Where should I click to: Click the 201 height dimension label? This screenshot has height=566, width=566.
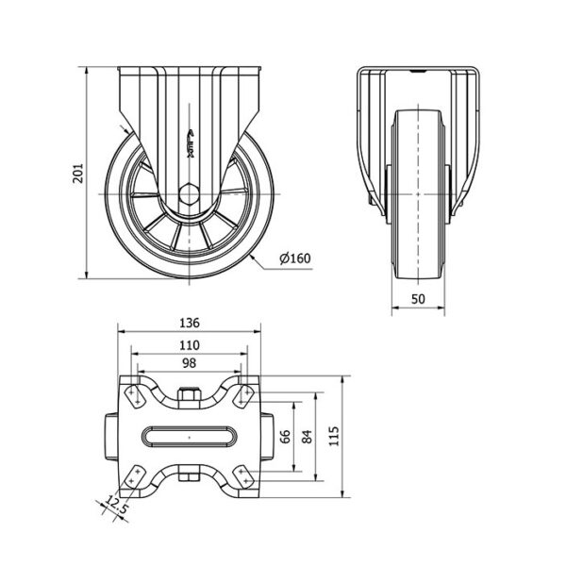coord(78,173)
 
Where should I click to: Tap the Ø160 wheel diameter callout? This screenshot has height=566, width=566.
coord(295,258)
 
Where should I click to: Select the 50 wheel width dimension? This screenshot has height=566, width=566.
coord(418,298)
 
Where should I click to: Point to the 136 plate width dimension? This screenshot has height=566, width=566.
coord(190,323)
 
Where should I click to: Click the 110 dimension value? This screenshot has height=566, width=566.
coord(190,345)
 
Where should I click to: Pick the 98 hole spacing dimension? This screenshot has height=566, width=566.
coord(190,363)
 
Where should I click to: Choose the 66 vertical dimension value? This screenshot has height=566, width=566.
coord(285,437)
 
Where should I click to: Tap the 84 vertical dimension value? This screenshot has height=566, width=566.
coord(307,437)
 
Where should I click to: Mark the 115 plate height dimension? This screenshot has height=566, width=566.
coord(334,436)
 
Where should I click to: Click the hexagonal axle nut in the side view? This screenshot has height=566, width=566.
coord(189,193)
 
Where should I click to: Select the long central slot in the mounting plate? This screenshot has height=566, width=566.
coord(190,437)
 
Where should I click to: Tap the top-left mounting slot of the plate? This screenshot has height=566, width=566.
coord(134,396)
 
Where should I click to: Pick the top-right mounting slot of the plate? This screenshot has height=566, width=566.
coord(244,396)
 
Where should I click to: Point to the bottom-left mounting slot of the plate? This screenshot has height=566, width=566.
coord(134,476)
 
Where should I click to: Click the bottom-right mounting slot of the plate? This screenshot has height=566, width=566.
coord(244,476)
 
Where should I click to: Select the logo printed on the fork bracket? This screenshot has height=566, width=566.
coord(191,143)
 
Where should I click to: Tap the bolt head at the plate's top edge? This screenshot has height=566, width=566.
coord(190,398)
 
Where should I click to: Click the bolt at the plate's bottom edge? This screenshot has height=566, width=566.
coord(190,474)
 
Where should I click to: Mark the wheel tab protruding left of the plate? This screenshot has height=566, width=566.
coord(112,437)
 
